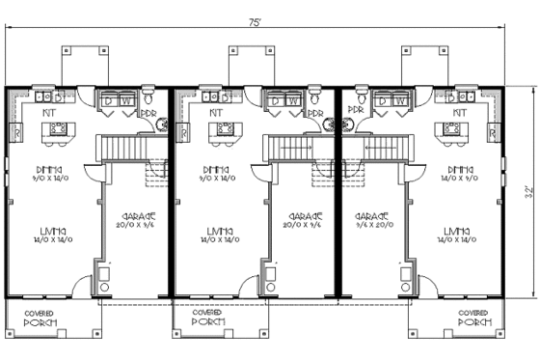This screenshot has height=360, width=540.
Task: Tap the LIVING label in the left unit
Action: coord(54,231)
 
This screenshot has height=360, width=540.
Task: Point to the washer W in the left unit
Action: coord(124,99)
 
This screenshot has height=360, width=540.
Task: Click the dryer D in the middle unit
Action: coord(276,99)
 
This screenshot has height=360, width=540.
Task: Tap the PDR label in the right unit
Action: coord(356,112)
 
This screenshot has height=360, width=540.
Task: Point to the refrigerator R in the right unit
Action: coord(493,130)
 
